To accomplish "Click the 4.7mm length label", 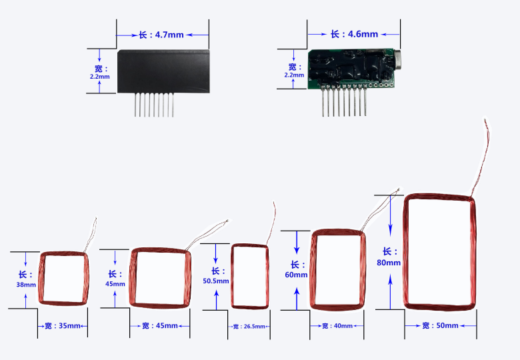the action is click(161, 35).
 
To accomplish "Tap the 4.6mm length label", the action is click(354, 34).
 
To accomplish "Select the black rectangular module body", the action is click(163, 71).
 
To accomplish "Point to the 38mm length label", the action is click(26, 279).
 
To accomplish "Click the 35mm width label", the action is click(63, 326).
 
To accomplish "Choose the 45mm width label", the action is click(160, 326).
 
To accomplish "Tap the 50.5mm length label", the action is click(216, 276).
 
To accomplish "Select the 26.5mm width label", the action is click(249, 327).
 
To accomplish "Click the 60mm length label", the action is click(296, 269).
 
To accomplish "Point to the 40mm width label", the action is click(337, 326).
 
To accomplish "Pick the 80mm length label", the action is click(389, 257).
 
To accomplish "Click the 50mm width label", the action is click(440, 325).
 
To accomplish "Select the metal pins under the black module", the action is click(154, 105).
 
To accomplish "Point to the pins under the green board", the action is click(344, 102).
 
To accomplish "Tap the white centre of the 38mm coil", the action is click(63, 279).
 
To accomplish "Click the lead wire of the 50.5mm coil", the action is click(272, 222).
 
